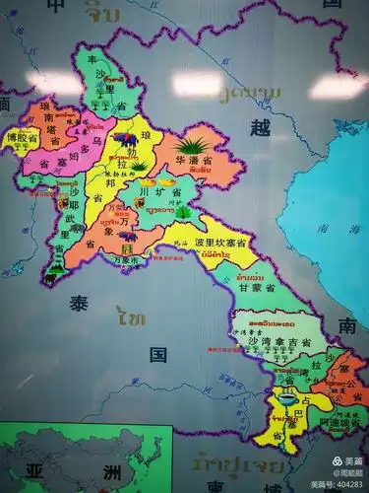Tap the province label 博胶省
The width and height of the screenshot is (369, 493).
[21, 139]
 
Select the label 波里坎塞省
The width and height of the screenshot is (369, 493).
[219, 242]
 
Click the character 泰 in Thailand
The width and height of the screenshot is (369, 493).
[79, 304]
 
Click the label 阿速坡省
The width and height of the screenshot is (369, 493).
[335, 419]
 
